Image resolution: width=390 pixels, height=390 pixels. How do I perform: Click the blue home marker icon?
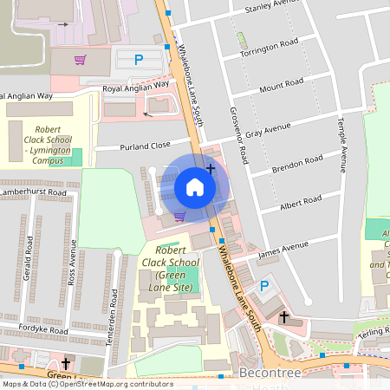(x=195, y=186)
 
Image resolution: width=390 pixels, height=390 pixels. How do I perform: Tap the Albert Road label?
(x=301, y=202)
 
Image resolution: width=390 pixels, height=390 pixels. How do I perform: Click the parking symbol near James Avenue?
(x=265, y=285)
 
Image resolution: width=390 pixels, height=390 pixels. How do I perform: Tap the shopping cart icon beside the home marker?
(x=179, y=217)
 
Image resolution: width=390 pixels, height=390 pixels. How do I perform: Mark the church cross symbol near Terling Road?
(x=283, y=317)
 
